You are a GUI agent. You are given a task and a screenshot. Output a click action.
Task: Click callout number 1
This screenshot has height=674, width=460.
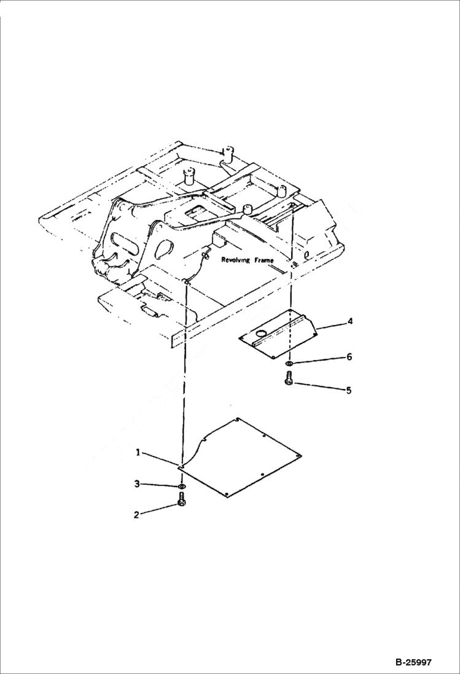coord(139,453)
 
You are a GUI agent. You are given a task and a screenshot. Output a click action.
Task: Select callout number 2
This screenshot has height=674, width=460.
coord(137,515)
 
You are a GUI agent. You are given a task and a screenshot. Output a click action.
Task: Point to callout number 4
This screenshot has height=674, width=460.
coord(349,321)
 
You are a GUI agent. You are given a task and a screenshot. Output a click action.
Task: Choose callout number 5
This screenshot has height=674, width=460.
coord(348,390)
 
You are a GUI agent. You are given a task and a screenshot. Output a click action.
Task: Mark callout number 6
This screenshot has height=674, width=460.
coord(349,357)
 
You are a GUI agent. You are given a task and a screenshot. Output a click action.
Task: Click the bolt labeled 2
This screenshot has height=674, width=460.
coord(182,503)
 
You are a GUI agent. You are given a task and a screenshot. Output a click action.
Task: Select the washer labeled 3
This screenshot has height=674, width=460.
coord(182,487)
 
